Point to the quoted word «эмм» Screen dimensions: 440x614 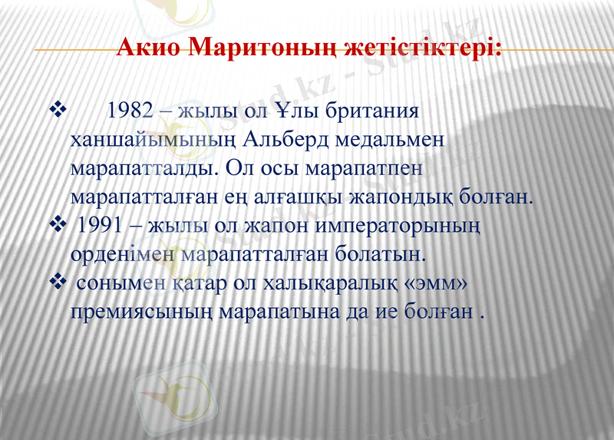(436, 284)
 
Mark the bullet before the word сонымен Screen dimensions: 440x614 (58, 284)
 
